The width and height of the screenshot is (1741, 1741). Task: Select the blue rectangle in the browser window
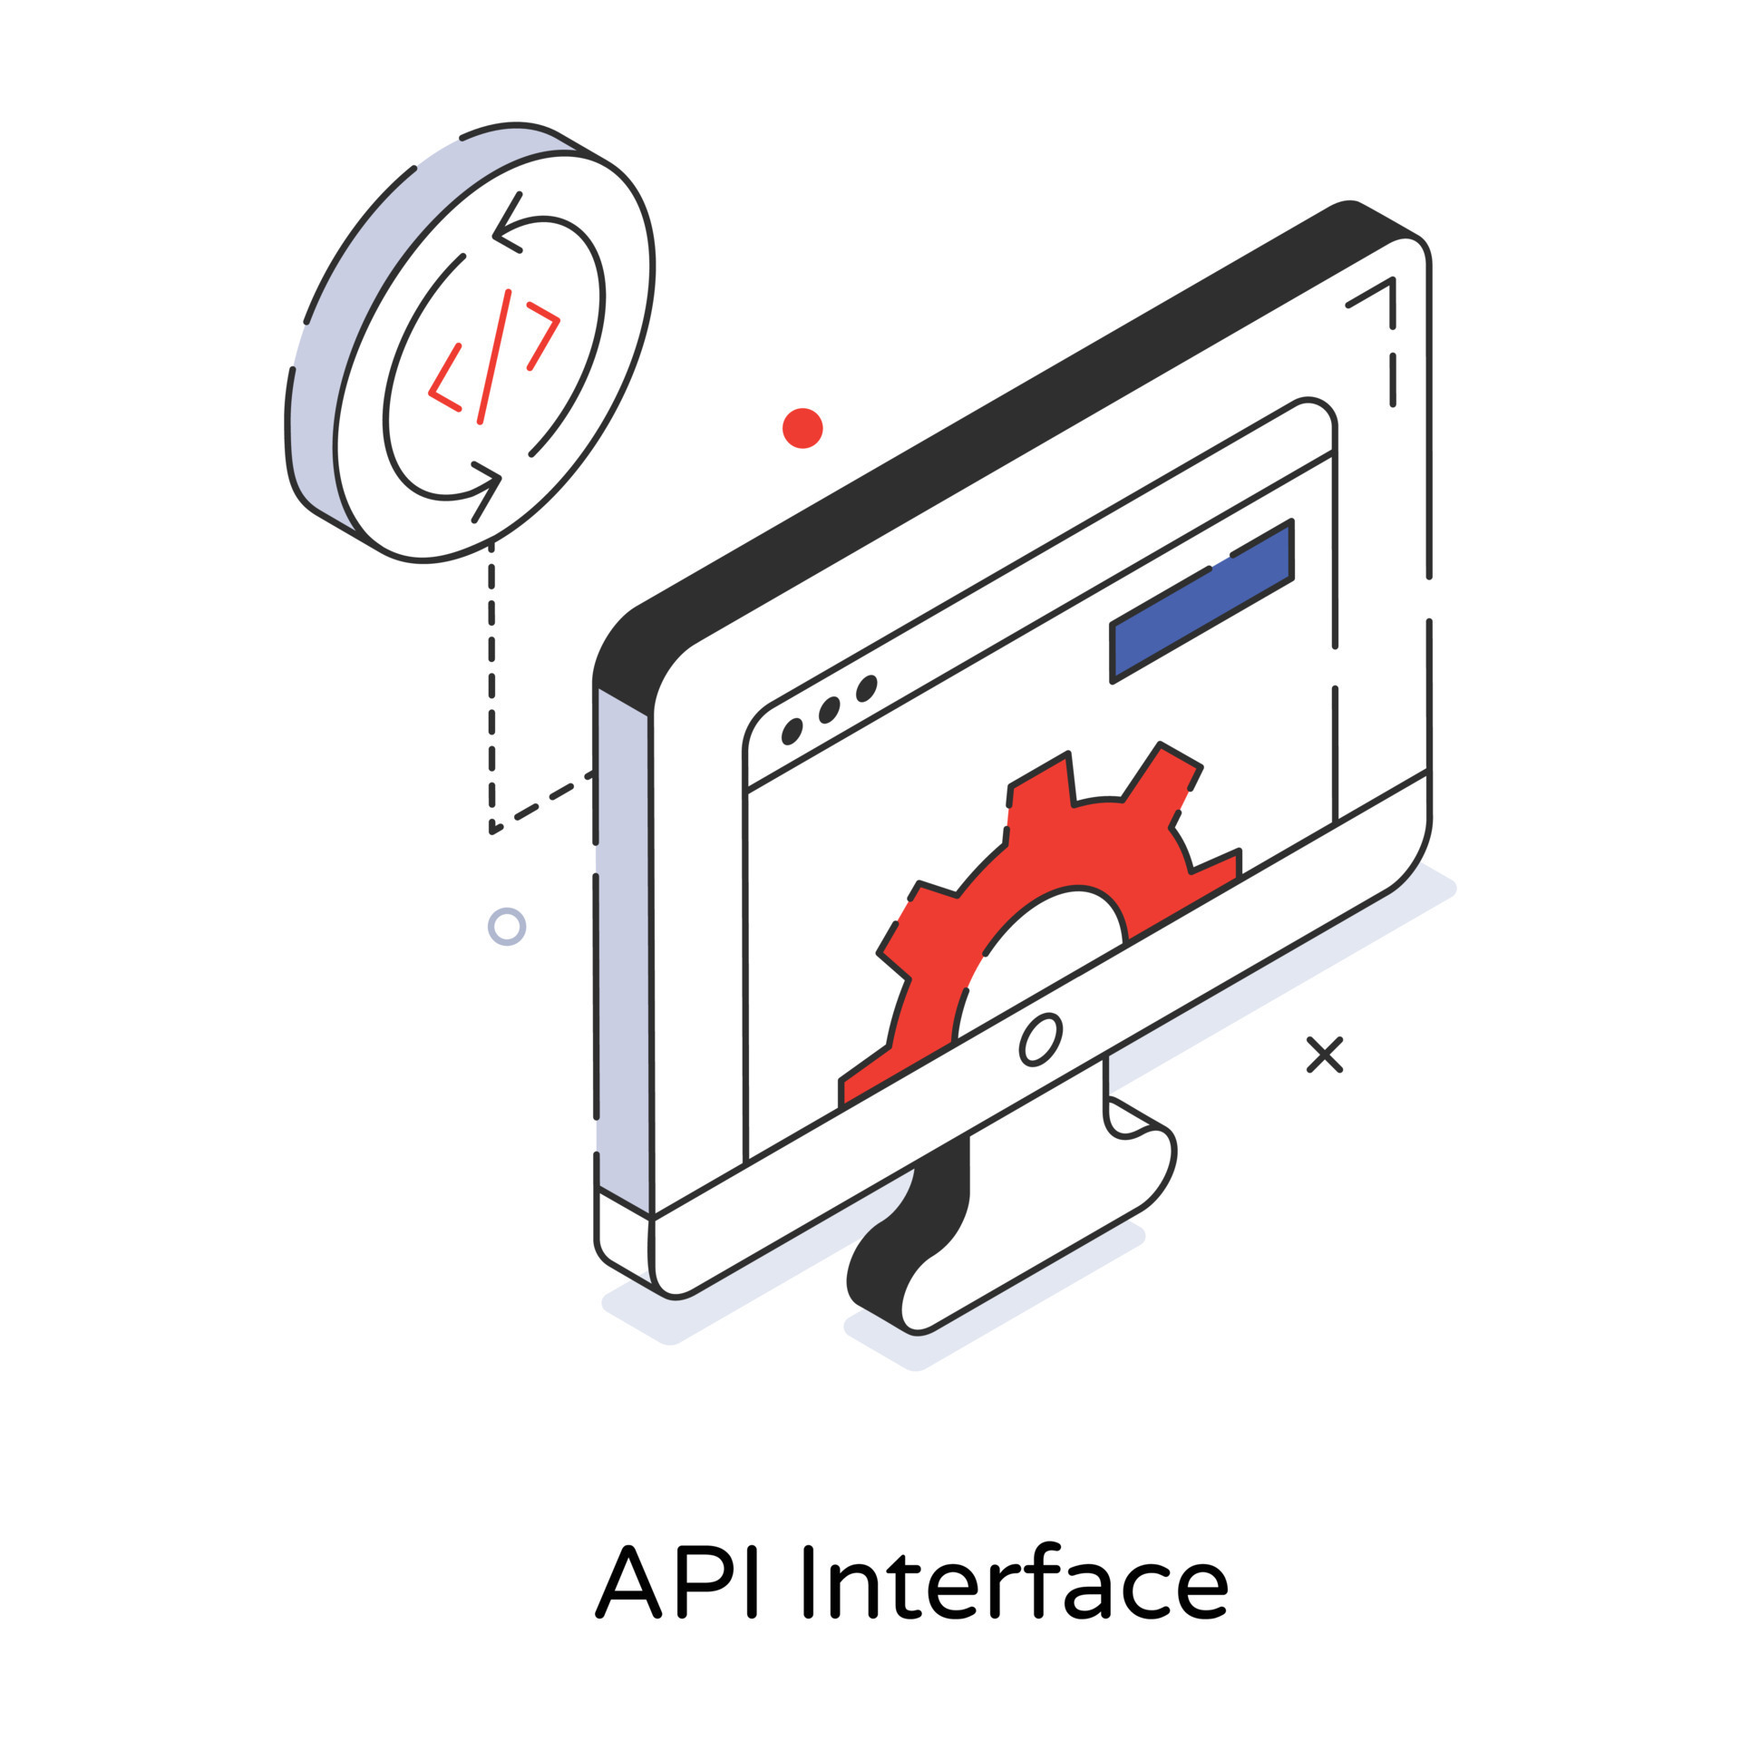(1201, 603)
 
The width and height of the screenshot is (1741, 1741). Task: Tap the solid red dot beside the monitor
(802, 428)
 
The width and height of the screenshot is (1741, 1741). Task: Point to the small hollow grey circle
(507, 927)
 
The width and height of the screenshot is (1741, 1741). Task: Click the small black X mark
(1324, 1055)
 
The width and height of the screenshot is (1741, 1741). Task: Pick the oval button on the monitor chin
(1040, 1040)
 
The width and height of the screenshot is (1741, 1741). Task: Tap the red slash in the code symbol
(494, 356)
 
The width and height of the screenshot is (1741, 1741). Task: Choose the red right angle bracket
(543, 335)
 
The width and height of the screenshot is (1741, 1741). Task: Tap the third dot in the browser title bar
(867, 688)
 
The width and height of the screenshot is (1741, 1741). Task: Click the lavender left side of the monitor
(623, 952)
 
